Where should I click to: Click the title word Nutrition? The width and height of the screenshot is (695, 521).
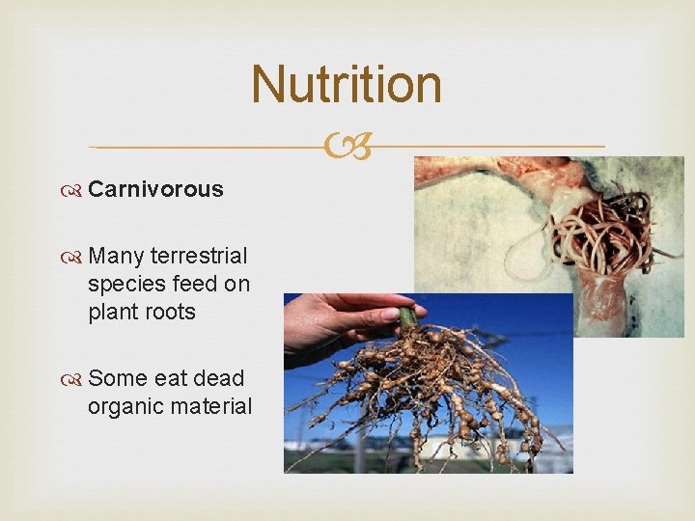[x=347, y=84]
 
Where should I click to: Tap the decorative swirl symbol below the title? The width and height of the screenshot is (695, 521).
[x=347, y=148]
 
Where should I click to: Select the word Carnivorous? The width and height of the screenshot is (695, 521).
[x=155, y=189]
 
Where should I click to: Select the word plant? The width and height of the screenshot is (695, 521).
[x=110, y=312]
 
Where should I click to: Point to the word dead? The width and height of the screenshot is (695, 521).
[x=215, y=378]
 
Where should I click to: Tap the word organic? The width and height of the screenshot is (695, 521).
[x=122, y=407]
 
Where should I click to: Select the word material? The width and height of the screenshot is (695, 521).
[x=210, y=406]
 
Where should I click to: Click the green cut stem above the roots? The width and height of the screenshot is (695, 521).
[x=407, y=317]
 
